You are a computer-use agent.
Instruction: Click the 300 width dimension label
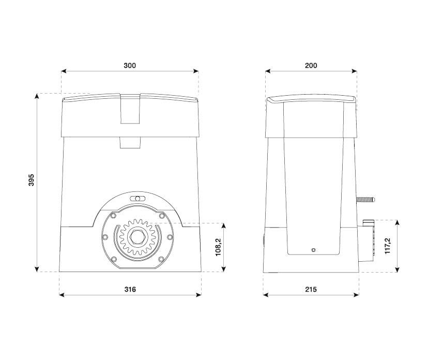click(x=130, y=66)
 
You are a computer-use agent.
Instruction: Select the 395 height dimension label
click(x=32, y=180)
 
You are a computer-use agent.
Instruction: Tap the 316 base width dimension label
click(x=130, y=289)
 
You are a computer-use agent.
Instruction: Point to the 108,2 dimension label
click(x=219, y=247)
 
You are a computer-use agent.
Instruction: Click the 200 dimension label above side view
click(x=311, y=66)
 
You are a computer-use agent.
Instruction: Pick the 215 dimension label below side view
click(x=311, y=289)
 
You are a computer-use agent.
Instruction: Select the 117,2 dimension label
click(x=388, y=246)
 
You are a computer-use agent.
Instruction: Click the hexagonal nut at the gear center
click(x=137, y=236)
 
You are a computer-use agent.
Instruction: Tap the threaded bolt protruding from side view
click(x=365, y=200)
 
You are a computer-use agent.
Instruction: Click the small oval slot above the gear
click(x=137, y=199)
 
